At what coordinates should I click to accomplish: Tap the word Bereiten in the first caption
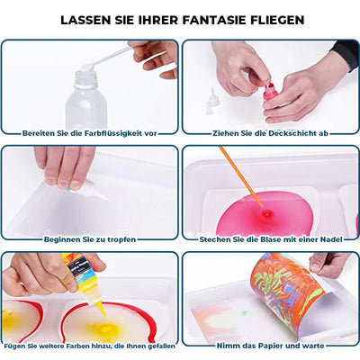tap(41, 132)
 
